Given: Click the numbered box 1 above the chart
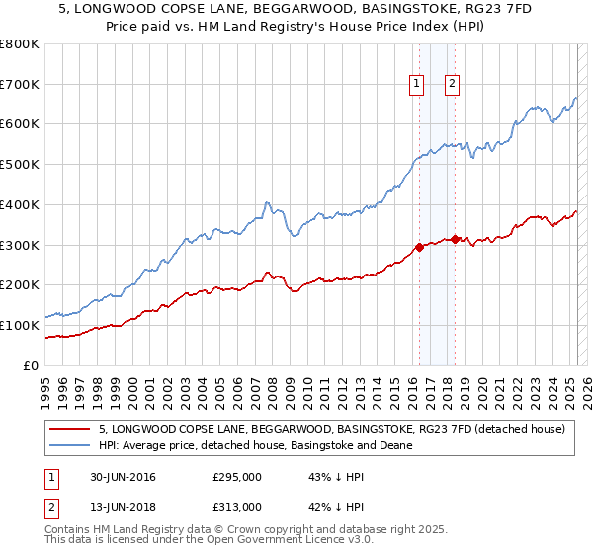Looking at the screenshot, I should [x=417, y=85].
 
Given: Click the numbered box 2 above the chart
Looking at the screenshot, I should [x=452, y=85].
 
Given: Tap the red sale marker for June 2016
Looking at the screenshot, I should [x=419, y=247].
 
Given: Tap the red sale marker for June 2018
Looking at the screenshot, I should [x=454, y=239].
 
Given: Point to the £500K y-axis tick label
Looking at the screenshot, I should [x=20, y=165].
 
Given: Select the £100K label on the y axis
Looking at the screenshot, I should [x=20, y=325].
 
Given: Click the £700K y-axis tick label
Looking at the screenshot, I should [x=20, y=85].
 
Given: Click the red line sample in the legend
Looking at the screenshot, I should [x=71, y=429].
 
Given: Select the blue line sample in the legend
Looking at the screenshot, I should [x=71, y=445].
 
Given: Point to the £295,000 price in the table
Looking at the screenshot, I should [x=237, y=478].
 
